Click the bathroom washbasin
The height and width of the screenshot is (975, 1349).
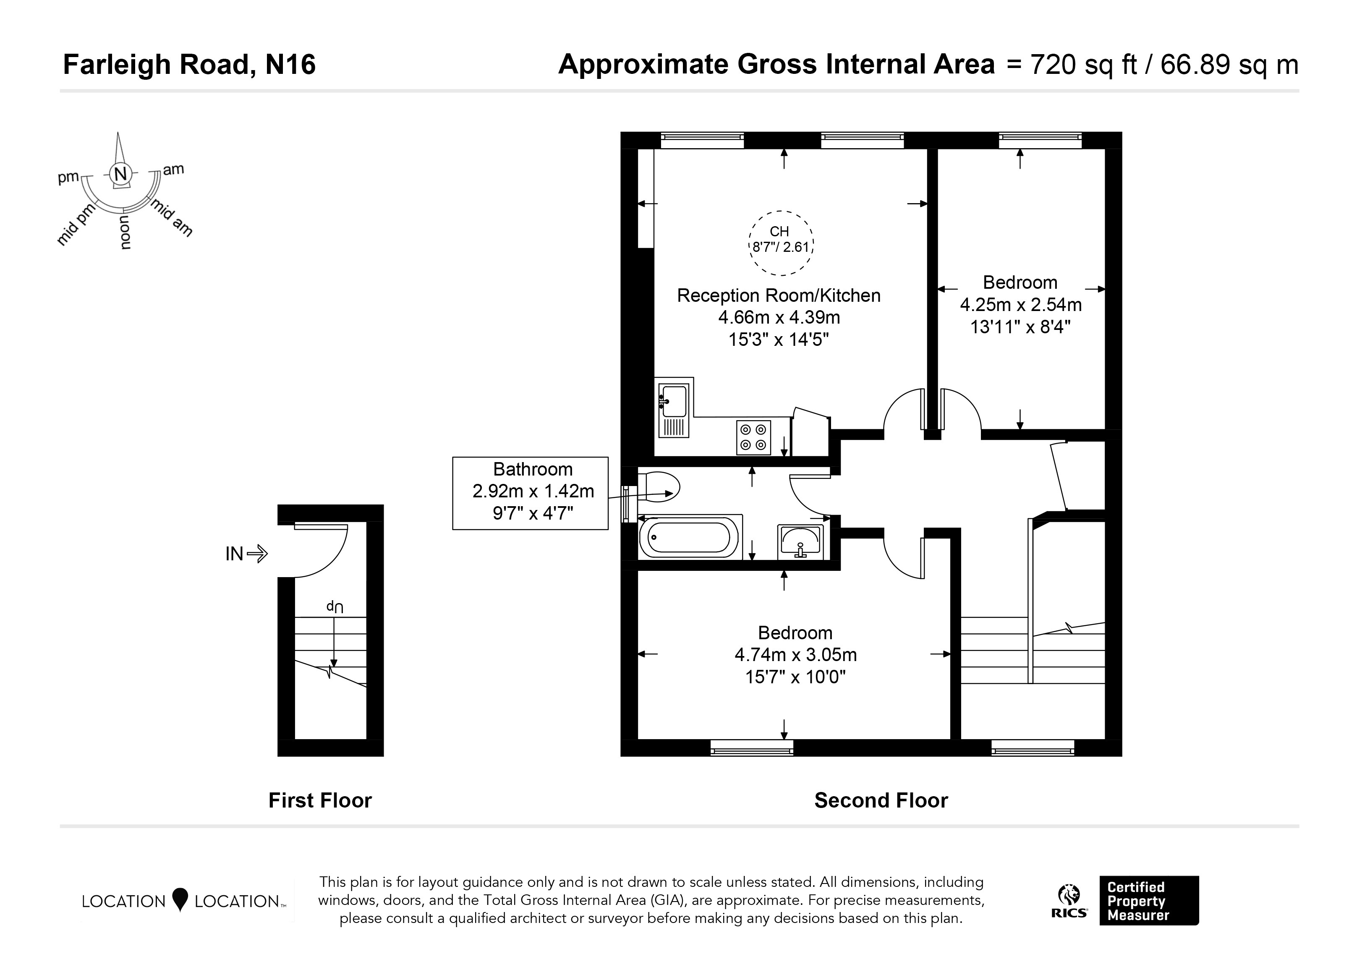point(800,541)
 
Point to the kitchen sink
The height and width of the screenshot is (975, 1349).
point(674,410)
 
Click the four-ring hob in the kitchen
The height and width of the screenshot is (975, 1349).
point(753,437)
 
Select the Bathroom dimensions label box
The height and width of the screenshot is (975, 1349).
point(531,493)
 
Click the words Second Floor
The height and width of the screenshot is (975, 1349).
point(881,801)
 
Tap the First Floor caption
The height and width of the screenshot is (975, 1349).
point(320,801)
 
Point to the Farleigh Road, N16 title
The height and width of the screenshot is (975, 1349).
point(189,64)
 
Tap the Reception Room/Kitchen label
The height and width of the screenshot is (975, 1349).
point(779,295)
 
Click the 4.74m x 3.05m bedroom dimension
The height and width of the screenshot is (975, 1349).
point(796,654)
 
